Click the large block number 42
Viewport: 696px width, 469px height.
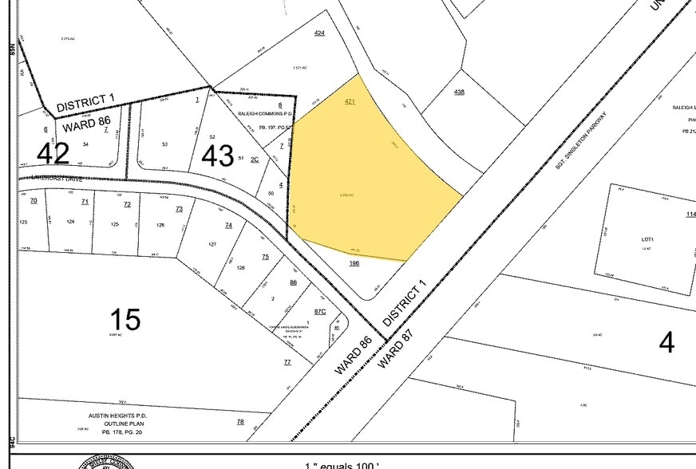click(53, 152)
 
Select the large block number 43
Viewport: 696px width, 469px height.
click(218, 156)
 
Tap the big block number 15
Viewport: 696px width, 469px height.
click(125, 320)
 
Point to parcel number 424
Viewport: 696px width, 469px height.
click(319, 33)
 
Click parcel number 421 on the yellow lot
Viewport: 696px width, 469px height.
click(350, 102)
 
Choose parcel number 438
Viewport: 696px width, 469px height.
click(459, 92)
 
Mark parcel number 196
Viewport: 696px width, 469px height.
click(354, 262)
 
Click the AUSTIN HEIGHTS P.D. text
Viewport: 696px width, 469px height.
click(120, 416)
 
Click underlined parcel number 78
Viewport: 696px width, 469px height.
click(239, 421)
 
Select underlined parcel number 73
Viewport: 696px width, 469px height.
click(179, 209)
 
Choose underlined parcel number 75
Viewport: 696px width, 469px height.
click(266, 257)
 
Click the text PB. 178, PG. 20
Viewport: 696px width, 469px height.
click(119, 432)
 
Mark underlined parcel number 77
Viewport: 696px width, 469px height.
click(287, 362)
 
